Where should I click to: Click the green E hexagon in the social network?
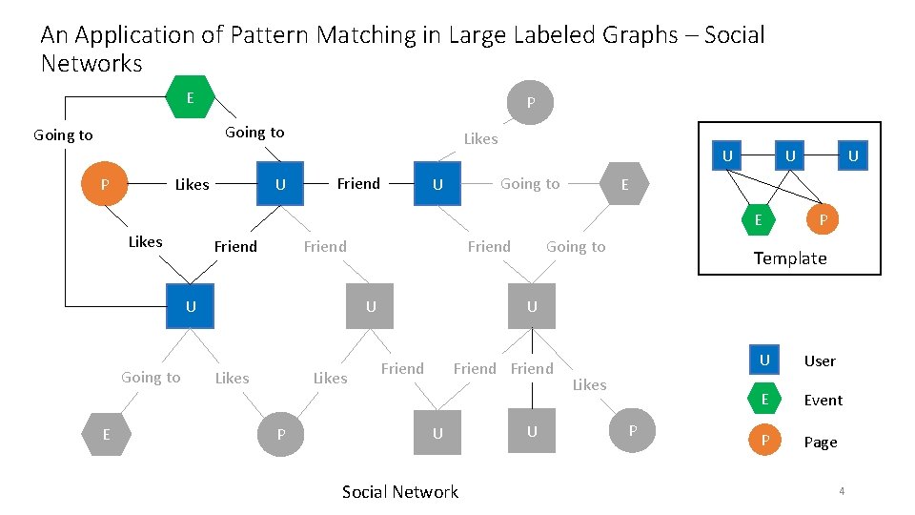coord(190,98)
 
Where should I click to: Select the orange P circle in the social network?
coord(105,184)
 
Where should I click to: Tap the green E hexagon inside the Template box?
coord(759,219)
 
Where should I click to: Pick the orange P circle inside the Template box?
coord(823,219)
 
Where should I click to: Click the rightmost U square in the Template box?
coord(853,154)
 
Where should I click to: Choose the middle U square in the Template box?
coord(789,154)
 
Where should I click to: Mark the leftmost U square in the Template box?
coord(727,154)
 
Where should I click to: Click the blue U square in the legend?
coord(763,360)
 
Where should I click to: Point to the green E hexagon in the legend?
coord(763,400)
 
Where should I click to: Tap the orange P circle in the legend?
coord(763,442)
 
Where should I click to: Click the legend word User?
coord(819,360)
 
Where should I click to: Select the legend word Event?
coord(823,401)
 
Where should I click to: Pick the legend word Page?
coord(820,443)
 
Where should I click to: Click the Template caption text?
coord(789,258)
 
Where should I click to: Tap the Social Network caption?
coord(399,492)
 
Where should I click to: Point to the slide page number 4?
coord(842,491)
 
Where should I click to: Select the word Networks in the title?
coord(91,65)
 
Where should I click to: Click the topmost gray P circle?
coord(531,103)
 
